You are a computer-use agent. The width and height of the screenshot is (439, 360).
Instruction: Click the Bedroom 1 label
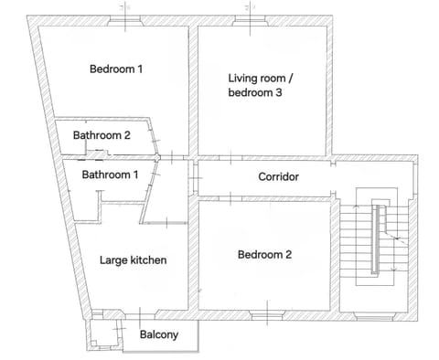coord(115,69)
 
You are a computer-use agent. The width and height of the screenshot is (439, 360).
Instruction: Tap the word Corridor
coord(279,176)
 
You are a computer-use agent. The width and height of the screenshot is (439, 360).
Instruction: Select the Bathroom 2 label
coord(102,135)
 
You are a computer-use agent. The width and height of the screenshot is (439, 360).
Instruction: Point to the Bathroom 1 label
coord(110,175)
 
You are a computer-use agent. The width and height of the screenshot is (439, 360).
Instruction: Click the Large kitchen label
coord(133,260)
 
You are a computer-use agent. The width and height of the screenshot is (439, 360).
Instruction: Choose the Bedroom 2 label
coord(264,255)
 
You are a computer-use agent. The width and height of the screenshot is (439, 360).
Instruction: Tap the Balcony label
coord(158,335)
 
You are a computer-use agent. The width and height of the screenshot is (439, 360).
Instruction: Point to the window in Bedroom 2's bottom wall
coord(264,313)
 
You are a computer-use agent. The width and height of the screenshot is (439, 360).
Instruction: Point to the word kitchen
coord(148,260)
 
